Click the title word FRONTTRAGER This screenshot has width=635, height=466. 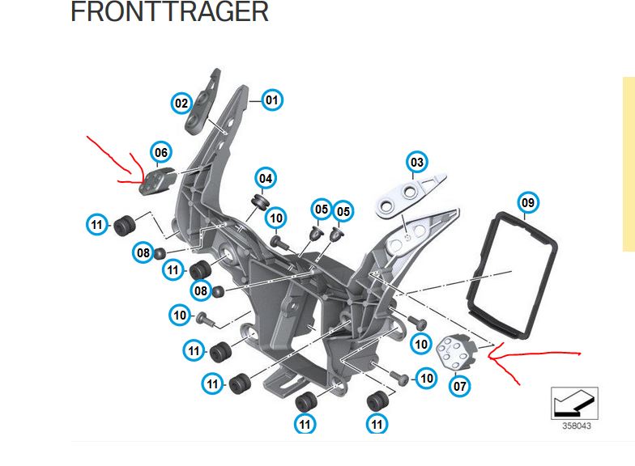point(169,12)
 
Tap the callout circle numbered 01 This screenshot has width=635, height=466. point(271,100)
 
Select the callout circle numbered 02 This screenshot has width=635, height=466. point(181,103)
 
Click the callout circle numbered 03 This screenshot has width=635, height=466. point(417,163)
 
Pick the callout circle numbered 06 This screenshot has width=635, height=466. point(161,152)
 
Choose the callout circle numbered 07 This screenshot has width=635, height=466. point(460,386)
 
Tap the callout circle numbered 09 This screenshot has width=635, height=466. point(528,201)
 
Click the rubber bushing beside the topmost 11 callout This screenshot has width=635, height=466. point(124,224)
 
